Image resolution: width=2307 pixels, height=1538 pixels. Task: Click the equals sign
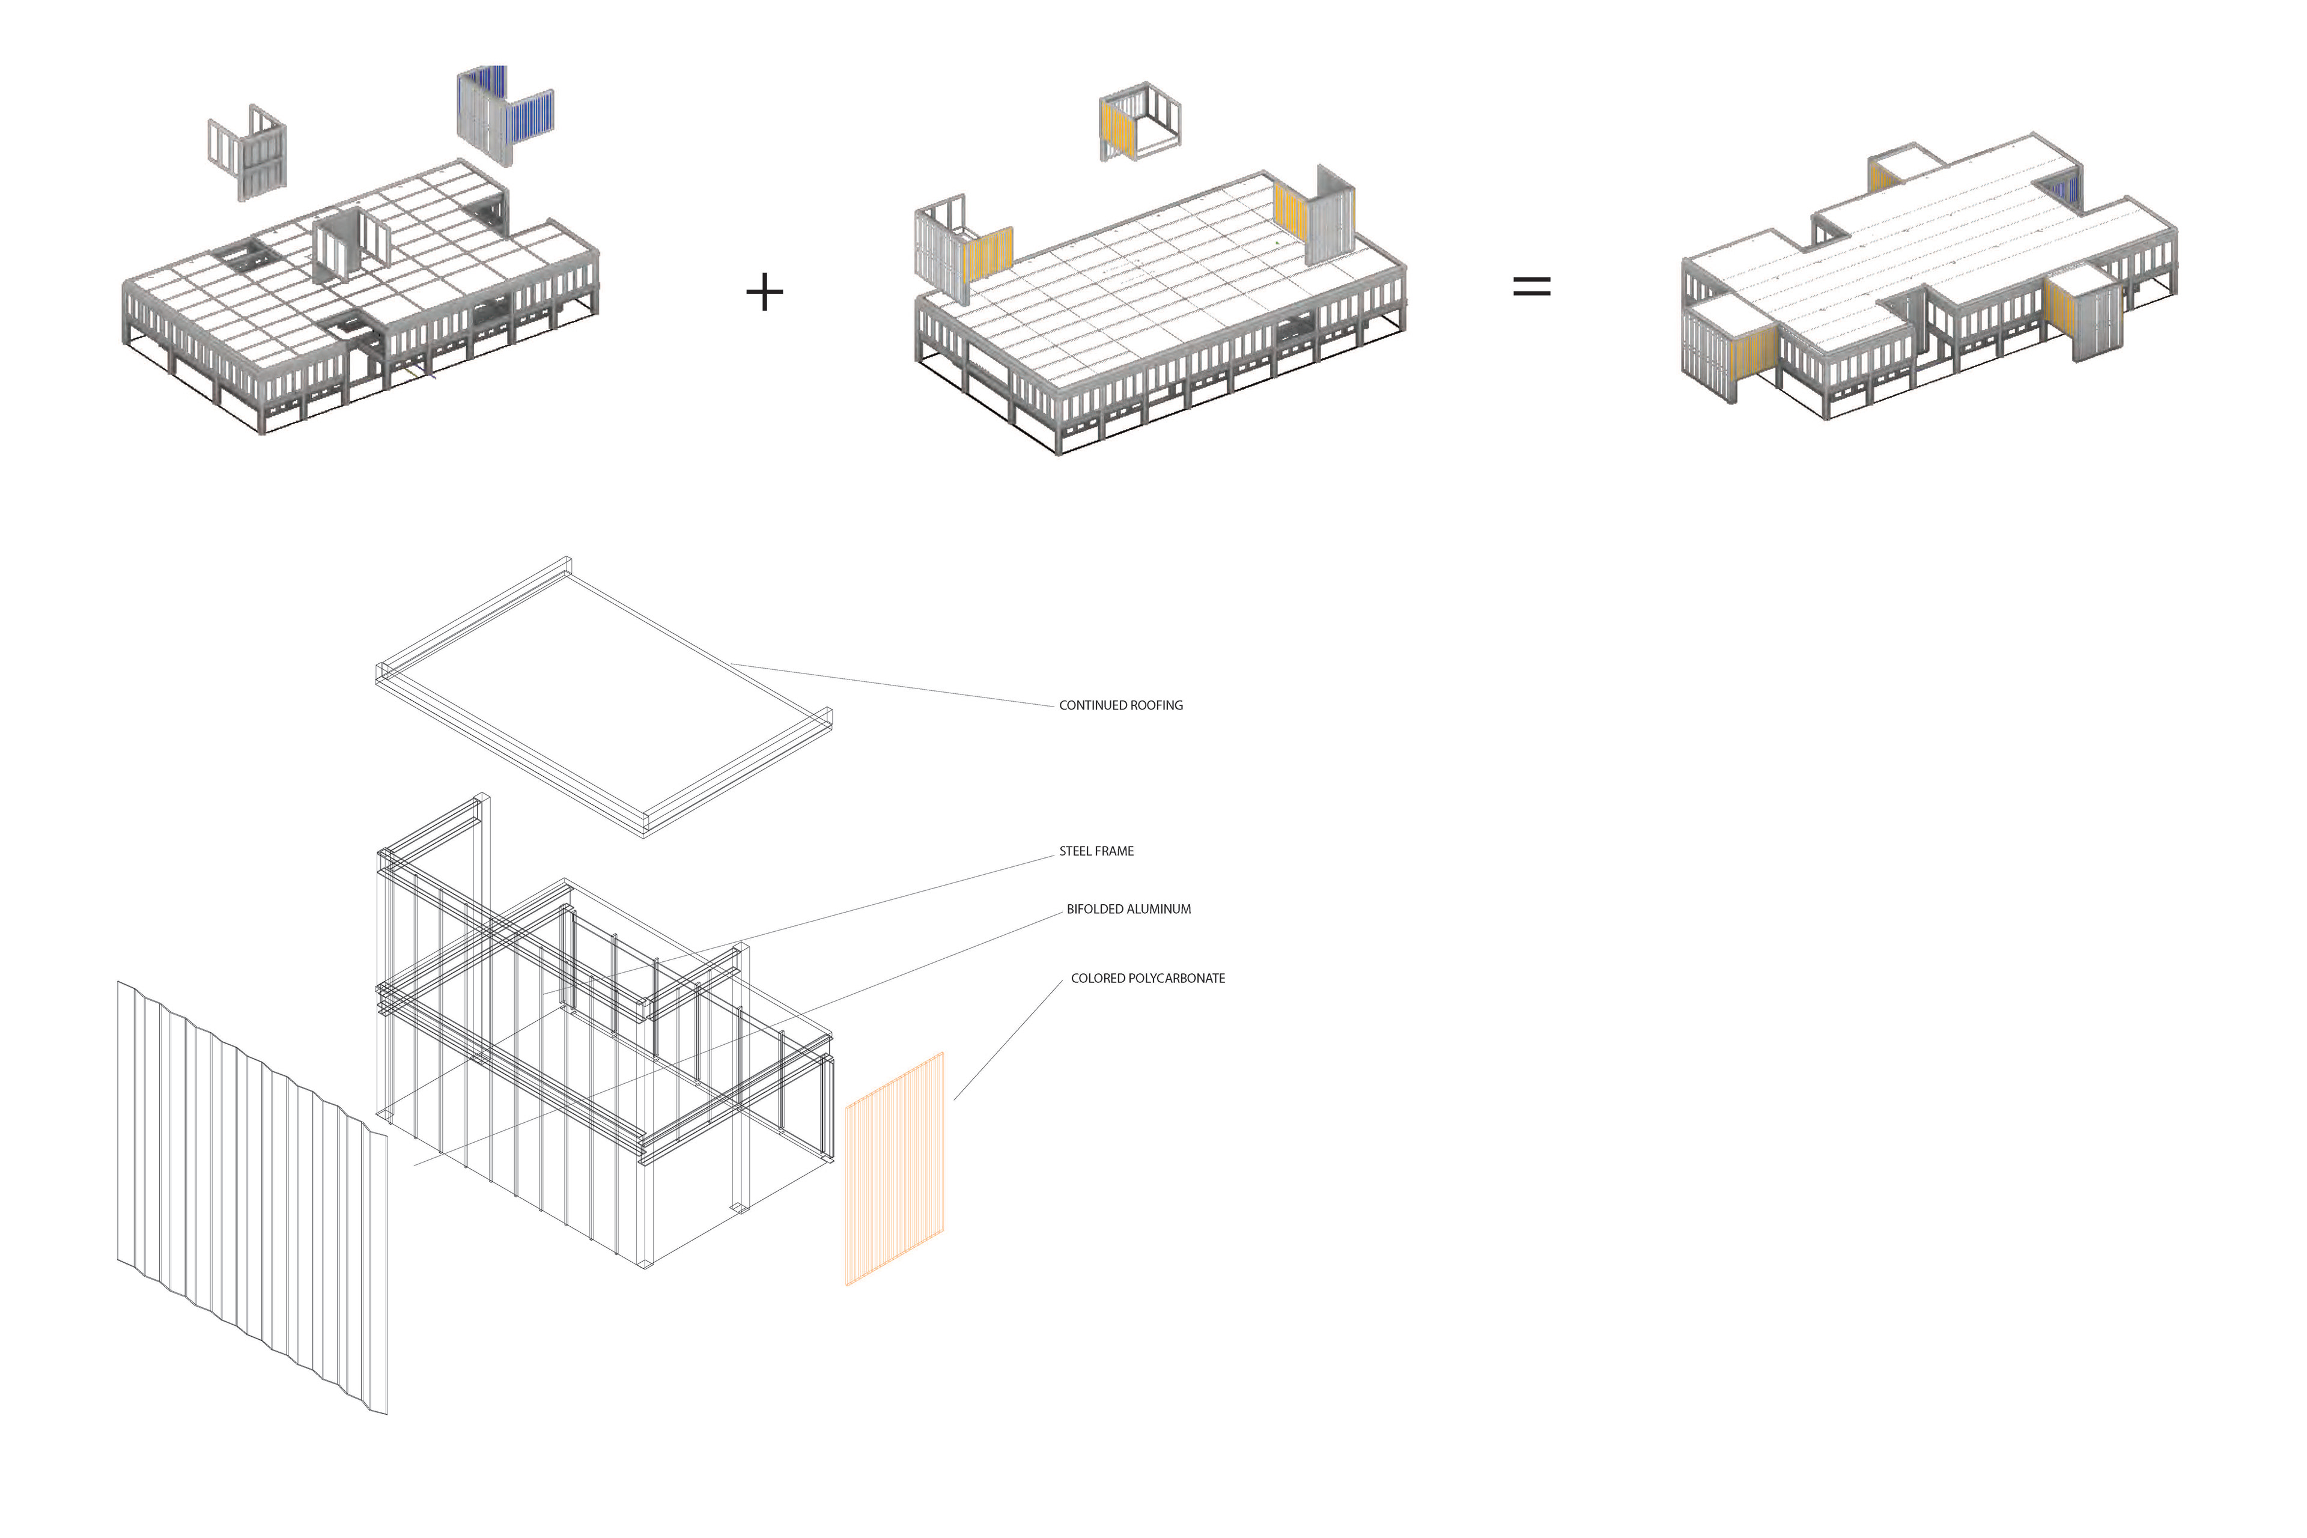pos(1531,287)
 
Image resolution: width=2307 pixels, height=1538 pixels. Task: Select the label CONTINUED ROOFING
pos(1120,705)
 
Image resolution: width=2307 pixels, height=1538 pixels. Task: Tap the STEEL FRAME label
pos(1096,851)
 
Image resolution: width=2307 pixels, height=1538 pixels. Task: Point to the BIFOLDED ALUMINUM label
pos(1128,909)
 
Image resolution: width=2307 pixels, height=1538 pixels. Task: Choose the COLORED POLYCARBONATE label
pos(1147,978)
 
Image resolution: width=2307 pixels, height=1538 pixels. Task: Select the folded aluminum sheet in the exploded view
pos(250,1197)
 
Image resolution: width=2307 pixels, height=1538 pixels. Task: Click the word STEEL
pos(1075,851)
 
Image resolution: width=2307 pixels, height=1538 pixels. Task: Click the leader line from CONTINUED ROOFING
pos(893,685)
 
